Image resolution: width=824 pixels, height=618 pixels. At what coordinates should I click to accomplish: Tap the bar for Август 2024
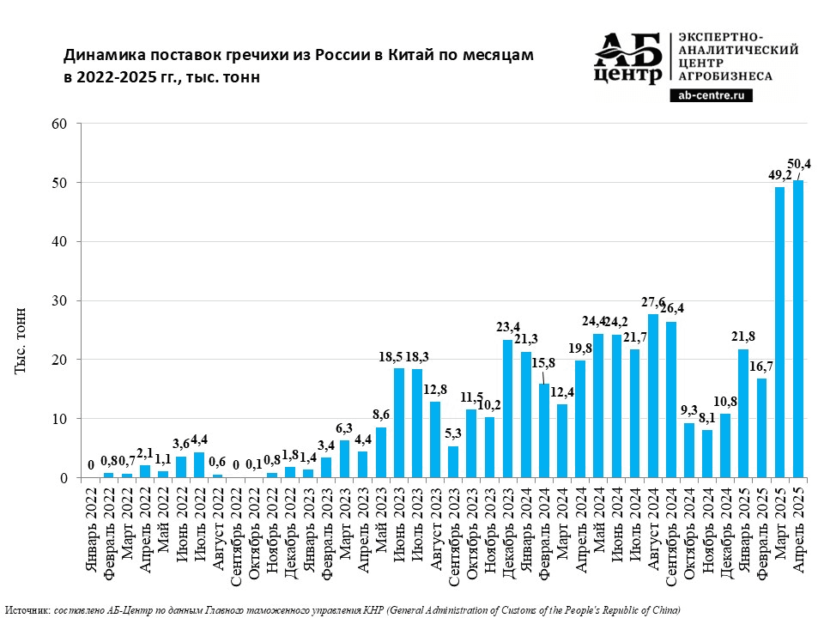point(653,396)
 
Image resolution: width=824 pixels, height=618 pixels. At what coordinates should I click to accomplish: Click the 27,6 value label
point(653,302)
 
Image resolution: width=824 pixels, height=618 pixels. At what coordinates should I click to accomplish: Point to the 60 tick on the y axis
point(60,124)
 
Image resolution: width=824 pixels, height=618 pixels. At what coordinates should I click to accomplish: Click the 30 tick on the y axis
point(60,301)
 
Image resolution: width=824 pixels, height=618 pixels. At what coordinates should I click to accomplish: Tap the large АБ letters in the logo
point(629,51)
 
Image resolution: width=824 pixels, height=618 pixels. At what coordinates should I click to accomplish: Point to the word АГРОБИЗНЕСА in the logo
point(725,76)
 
